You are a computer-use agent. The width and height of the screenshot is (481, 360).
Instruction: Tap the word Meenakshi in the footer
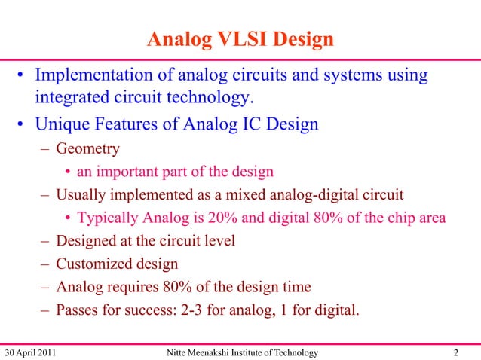click(212, 352)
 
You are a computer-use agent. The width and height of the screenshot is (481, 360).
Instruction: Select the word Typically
click(108, 218)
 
